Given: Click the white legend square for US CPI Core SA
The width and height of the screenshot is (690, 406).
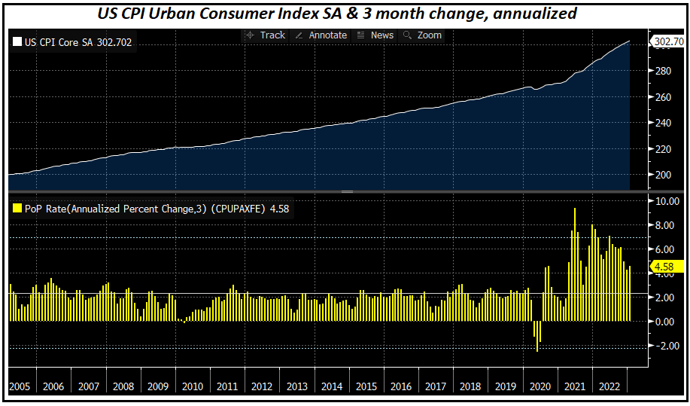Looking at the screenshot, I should coord(17,42).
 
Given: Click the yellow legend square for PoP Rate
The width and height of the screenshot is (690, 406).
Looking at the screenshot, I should coord(17,209).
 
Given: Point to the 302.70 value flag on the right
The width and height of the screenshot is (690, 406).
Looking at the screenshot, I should coord(667,41).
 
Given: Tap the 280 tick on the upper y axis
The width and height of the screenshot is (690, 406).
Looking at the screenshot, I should coord(663,72).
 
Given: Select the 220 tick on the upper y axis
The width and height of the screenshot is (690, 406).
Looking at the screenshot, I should coord(663,149).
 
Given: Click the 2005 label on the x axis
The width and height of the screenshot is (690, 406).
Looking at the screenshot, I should coord(20,387).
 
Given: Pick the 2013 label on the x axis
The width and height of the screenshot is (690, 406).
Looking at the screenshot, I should coord(296,387).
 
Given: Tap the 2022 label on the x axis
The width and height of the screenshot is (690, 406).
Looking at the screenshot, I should coord(609,387).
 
